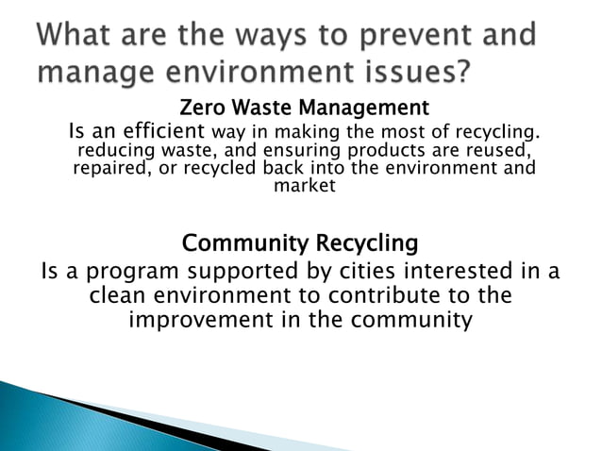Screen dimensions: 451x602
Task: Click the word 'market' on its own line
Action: tap(304, 186)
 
